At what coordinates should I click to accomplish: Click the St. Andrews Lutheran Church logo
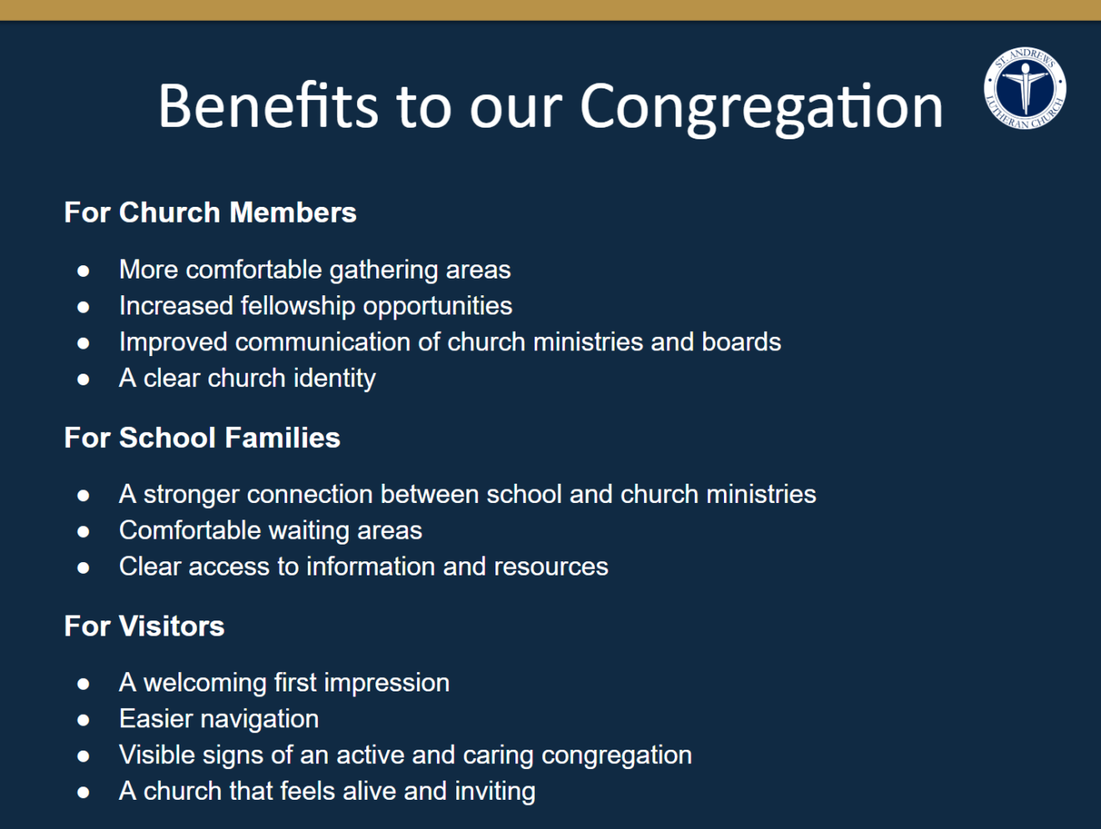(x=1025, y=88)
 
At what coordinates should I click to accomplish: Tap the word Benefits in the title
(x=268, y=105)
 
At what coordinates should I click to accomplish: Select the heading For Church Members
(x=210, y=212)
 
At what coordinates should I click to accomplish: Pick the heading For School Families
(x=202, y=437)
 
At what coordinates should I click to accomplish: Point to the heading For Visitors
(x=144, y=626)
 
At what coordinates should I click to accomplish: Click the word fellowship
(x=298, y=306)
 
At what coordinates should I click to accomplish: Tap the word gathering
(x=384, y=271)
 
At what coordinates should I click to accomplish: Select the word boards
(x=742, y=342)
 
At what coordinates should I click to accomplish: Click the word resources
(x=551, y=567)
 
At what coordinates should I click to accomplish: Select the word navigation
(x=260, y=720)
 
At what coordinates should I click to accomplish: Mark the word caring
(x=498, y=756)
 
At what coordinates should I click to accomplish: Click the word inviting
(x=495, y=792)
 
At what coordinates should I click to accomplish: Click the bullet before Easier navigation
(x=83, y=721)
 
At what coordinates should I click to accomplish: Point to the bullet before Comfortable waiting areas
(x=83, y=532)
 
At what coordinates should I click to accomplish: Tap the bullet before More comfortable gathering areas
(x=83, y=271)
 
